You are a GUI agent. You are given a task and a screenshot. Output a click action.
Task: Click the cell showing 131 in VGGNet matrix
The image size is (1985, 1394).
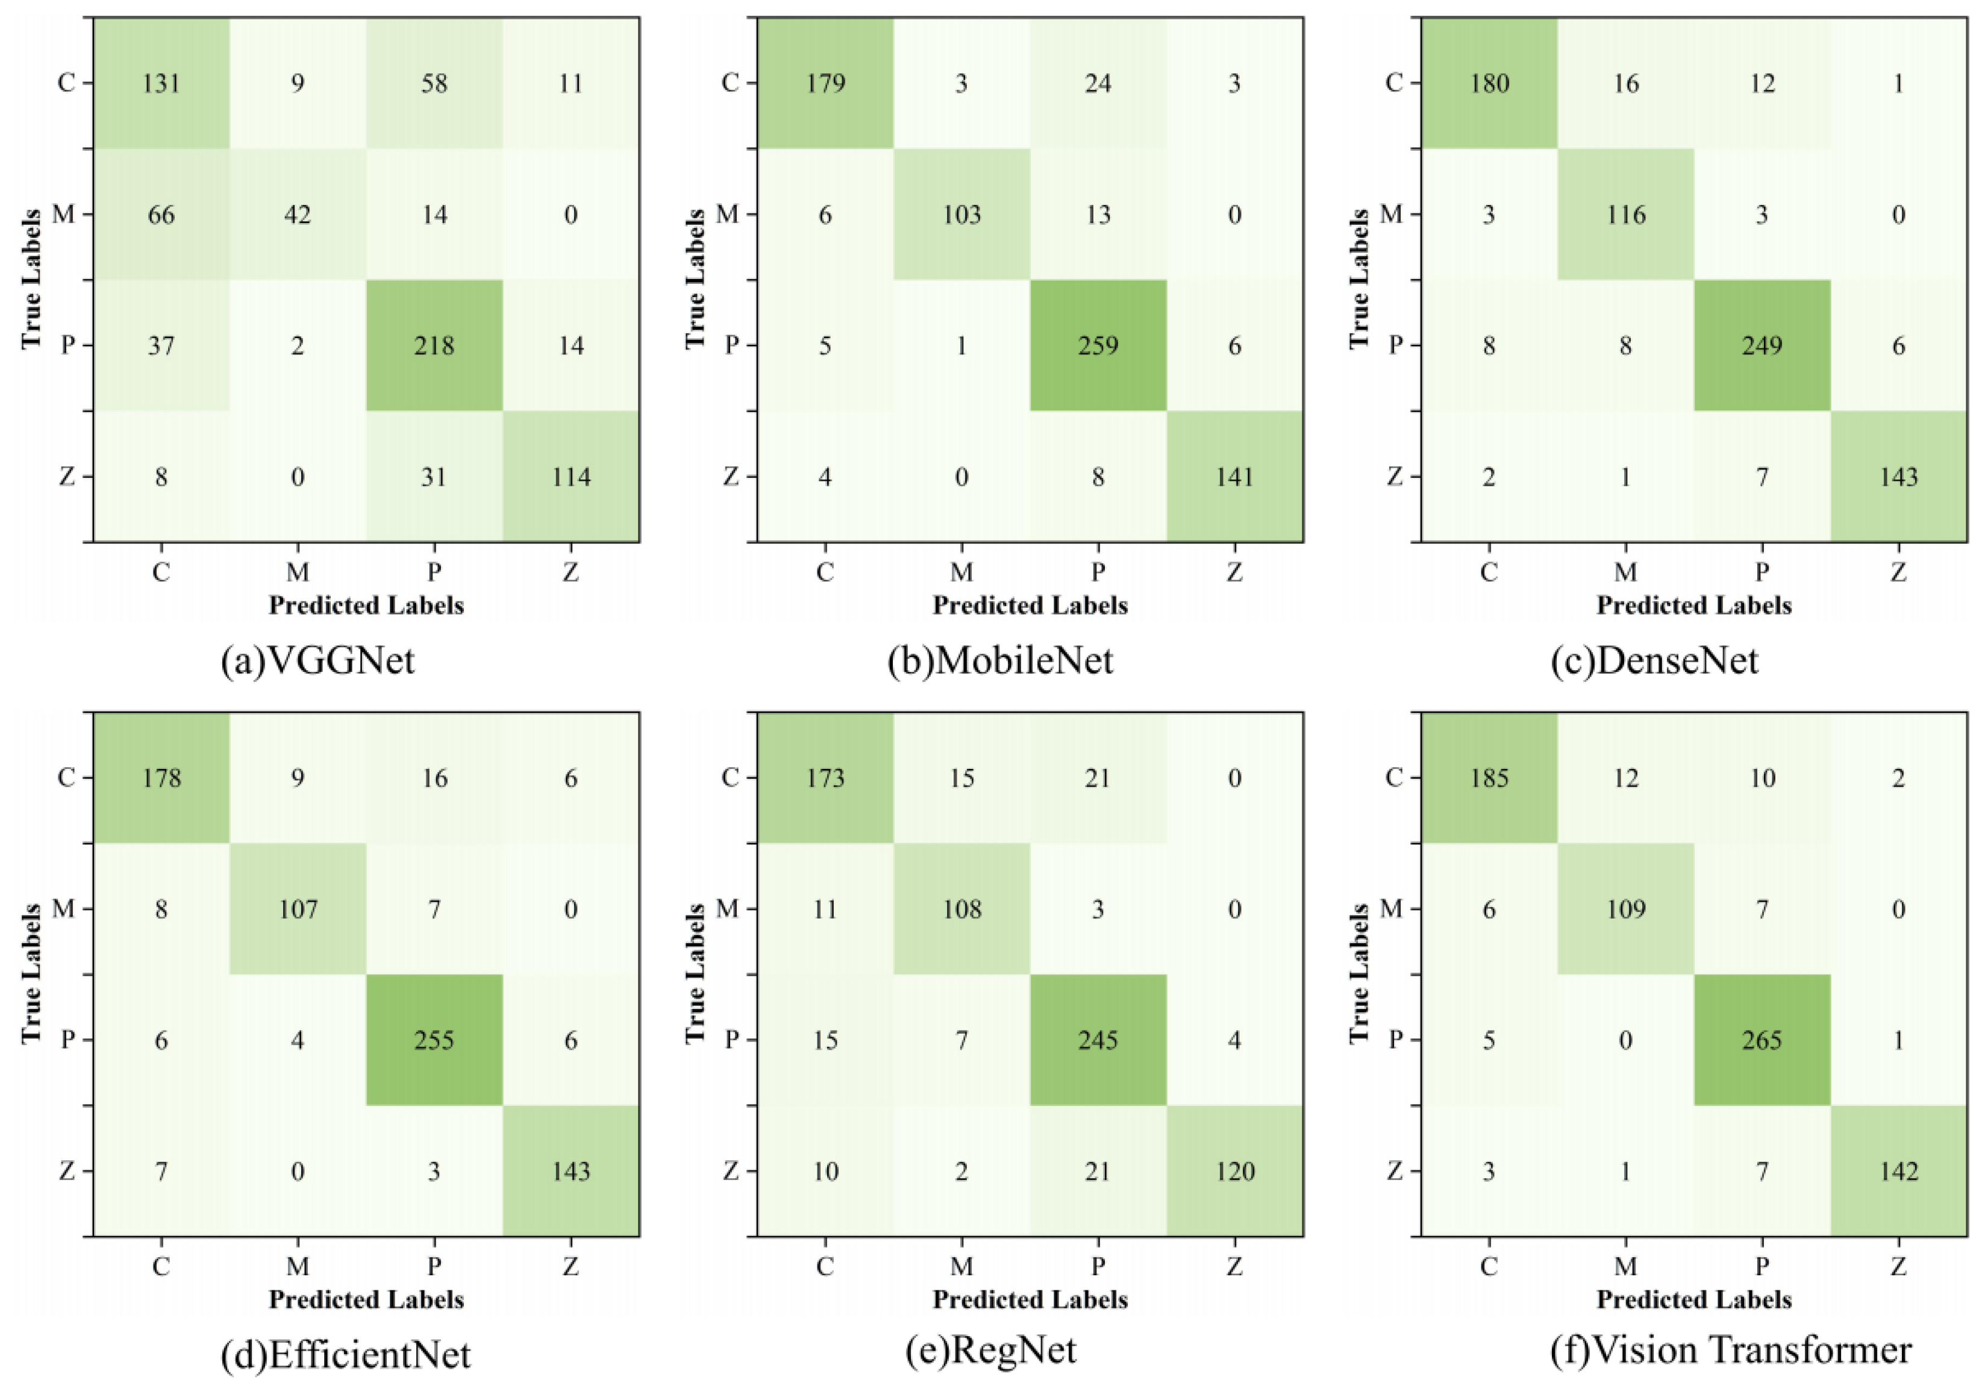point(161,83)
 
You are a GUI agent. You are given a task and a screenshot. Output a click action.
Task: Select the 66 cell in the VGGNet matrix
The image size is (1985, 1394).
point(161,215)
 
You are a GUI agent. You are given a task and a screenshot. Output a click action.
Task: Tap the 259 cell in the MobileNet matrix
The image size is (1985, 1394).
point(1098,346)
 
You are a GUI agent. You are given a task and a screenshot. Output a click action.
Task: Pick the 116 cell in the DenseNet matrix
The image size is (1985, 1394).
point(1625,215)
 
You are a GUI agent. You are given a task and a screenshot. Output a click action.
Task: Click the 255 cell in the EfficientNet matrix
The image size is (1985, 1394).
point(434,1040)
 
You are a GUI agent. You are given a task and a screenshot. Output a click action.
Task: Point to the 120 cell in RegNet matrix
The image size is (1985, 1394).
point(1234,1171)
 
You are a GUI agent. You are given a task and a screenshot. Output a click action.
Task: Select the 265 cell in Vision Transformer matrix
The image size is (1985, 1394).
point(1762,1040)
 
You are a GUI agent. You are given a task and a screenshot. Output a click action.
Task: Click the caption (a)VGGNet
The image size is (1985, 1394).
point(318,661)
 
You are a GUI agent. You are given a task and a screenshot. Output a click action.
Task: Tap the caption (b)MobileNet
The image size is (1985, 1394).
point(1000,661)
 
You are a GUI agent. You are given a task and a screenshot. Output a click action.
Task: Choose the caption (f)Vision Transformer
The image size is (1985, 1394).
point(1731,1350)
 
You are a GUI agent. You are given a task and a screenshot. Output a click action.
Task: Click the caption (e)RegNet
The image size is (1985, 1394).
point(991,1350)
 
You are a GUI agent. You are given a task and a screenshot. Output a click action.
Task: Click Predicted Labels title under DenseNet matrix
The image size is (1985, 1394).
point(1693,605)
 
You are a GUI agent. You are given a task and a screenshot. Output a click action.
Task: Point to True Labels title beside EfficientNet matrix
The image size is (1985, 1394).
point(31,974)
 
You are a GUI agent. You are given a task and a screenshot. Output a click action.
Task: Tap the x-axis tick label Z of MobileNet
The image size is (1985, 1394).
point(1234,571)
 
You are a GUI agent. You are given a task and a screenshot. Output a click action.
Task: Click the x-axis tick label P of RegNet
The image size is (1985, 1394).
point(1098,1266)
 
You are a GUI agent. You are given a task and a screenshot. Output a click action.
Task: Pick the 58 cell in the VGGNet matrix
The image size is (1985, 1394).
point(434,83)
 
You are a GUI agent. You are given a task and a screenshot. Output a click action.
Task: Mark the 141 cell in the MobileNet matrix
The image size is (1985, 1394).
point(1234,477)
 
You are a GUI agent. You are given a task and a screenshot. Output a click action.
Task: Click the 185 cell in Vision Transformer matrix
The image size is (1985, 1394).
point(1489,778)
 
